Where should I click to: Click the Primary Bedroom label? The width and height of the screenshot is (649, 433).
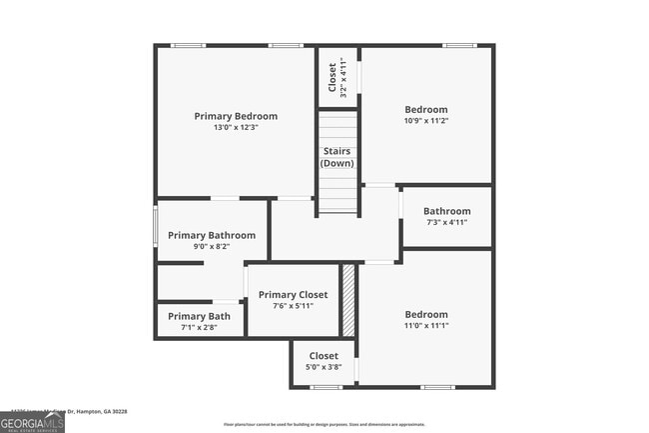tap(236, 116)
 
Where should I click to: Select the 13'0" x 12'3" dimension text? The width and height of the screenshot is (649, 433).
tap(236, 128)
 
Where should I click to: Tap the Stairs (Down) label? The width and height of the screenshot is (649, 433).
tap(336, 157)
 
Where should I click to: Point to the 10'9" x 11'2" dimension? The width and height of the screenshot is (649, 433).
tap(426, 121)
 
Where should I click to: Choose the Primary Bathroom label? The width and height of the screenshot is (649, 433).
tap(212, 235)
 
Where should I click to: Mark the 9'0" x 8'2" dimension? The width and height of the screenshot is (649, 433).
tap(212, 247)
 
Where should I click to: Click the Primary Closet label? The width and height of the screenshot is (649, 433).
tap(293, 295)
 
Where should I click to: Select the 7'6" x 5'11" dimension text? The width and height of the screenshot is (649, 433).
tap(293, 306)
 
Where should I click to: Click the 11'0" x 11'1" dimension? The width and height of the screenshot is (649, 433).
tap(426, 326)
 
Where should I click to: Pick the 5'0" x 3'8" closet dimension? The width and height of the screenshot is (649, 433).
tap(324, 367)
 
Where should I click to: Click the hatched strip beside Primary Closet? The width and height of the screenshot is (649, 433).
tap(348, 300)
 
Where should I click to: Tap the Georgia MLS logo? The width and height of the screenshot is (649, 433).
tap(33, 423)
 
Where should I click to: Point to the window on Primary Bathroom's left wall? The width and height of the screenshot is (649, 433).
tap(155, 224)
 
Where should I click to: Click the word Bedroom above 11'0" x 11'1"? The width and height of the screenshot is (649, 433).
tap(426, 314)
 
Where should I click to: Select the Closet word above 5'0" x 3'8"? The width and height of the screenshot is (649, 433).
tap(324, 355)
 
